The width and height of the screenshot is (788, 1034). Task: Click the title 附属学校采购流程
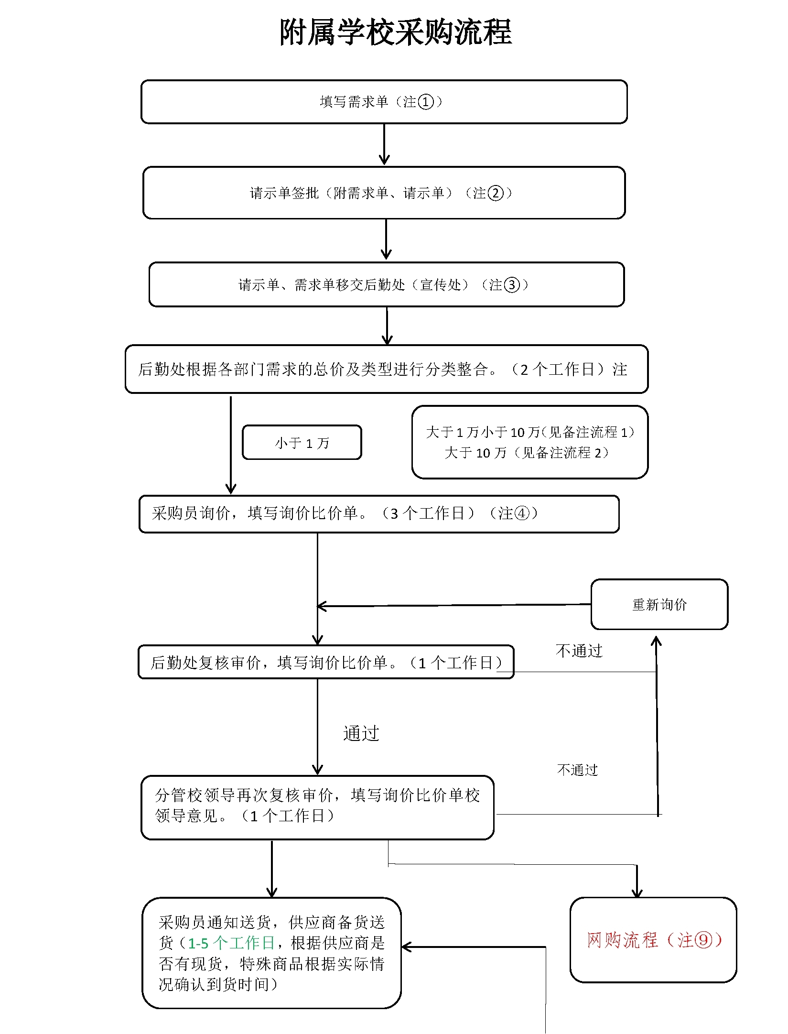[x=395, y=33]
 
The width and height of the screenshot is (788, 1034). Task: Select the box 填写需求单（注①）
[x=384, y=102]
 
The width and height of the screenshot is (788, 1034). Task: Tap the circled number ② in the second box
[x=495, y=193]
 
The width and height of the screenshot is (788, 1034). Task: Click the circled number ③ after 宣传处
[x=511, y=285]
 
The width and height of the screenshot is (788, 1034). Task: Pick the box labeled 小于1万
[x=302, y=443]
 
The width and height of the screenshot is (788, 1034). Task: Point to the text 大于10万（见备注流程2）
[x=527, y=453]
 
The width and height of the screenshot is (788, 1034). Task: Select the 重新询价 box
[x=659, y=605]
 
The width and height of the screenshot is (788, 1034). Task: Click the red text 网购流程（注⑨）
[x=653, y=940]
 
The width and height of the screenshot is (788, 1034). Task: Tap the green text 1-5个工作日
[x=231, y=943]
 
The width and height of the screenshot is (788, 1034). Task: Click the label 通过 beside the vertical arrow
[x=361, y=733]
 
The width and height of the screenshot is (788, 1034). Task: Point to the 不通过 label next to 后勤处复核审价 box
[x=579, y=651]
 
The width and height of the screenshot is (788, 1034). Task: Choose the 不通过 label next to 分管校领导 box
[x=577, y=770]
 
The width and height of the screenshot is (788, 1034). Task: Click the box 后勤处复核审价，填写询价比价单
[x=326, y=662]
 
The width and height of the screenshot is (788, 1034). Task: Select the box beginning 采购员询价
[x=378, y=514]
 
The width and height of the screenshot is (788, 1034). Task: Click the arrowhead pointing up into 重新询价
[x=657, y=641]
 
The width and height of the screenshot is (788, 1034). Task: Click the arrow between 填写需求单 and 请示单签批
[x=384, y=145]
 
